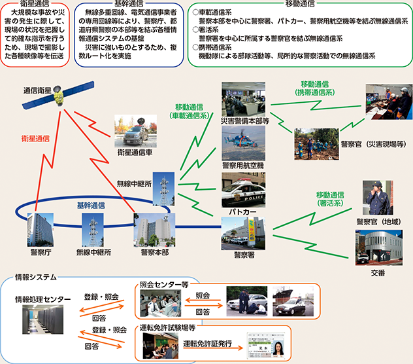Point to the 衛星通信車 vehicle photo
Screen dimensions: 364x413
[x=137, y=131]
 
